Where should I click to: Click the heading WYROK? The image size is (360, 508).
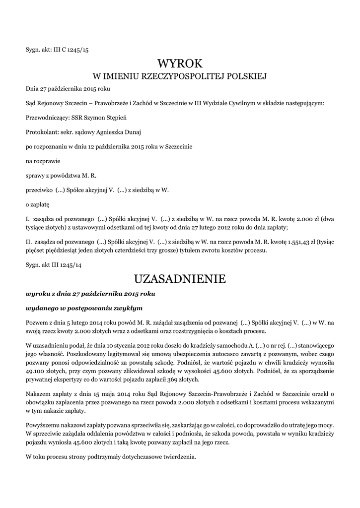click(180, 63)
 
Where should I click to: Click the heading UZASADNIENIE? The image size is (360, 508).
click(180, 279)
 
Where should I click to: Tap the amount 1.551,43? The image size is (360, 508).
click(303, 242)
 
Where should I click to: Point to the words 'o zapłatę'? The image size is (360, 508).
click(38, 204)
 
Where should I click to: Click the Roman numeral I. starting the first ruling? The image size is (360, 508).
click(28, 219)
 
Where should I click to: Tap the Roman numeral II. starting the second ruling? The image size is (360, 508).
click(29, 242)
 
